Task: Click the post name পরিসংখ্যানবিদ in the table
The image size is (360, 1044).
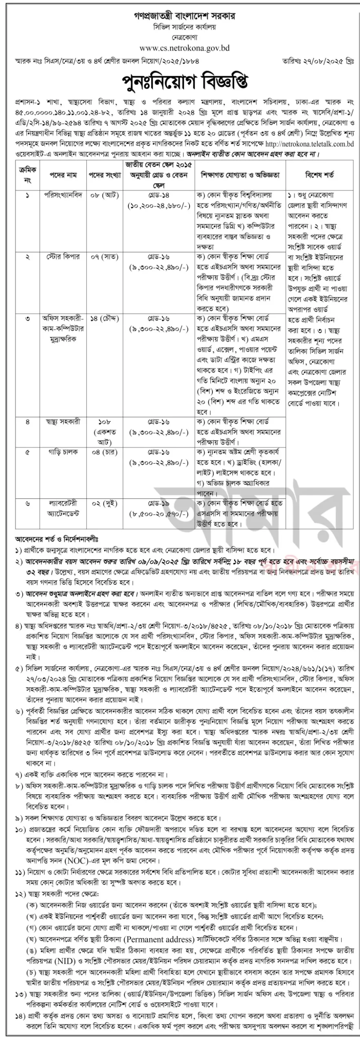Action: click(x=63, y=195)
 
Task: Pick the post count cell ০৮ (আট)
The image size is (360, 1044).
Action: click(x=105, y=195)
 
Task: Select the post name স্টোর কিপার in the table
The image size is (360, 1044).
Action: click(x=63, y=257)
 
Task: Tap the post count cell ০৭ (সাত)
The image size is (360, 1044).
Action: click(x=105, y=257)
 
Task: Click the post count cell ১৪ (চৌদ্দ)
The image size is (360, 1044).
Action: click(x=105, y=319)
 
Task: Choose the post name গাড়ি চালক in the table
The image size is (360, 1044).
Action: click(x=63, y=452)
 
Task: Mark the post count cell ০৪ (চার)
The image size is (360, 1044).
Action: click(x=105, y=452)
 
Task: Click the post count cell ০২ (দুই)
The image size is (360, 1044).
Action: click(x=105, y=504)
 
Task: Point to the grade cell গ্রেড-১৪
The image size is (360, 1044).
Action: click(x=159, y=195)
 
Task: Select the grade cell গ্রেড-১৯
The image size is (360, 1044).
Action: click(x=159, y=504)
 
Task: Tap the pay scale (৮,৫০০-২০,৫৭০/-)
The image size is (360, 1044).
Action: click(x=159, y=514)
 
